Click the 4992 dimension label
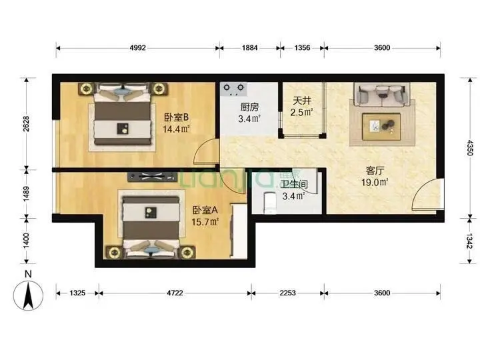pyautogui.click(x=138, y=48)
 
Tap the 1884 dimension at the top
pyautogui.click(x=249, y=48)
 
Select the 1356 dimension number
pyautogui.click(x=302, y=48)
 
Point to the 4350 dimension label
pyautogui.click(x=470, y=147)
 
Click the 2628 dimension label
pyautogui.click(x=27, y=124)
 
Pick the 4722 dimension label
pyautogui.click(x=175, y=293)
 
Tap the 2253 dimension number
pyautogui.click(x=287, y=293)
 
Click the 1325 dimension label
pyautogui.click(x=77, y=293)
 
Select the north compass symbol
pyautogui.click(x=28, y=295)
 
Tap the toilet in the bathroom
pyautogui.click(x=270, y=203)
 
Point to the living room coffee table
pyautogui.click(x=382, y=127)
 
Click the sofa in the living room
pyautogui.click(x=382, y=94)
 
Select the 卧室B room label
pyautogui.click(x=176, y=117)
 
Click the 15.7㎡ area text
pyautogui.click(x=205, y=221)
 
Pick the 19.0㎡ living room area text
pyautogui.click(x=375, y=183)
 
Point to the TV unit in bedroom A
pyautogui.click(x=153, y=177)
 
